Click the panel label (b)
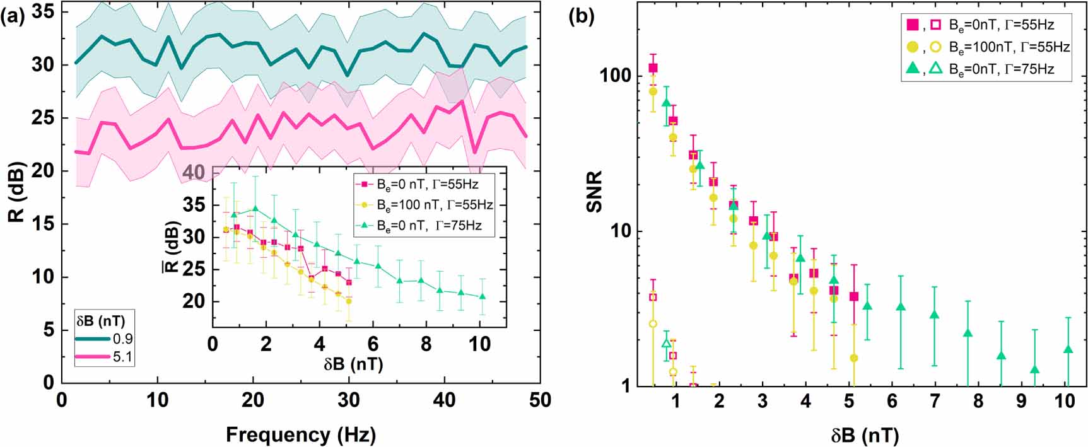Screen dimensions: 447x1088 [x=582, y=17]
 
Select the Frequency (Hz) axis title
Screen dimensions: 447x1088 [x=300, y=434]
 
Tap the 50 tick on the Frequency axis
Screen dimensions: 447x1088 [x=540, y=400]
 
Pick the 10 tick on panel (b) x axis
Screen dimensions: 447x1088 [x=1065, y=402]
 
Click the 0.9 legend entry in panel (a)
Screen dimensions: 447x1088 [x=122, y=339]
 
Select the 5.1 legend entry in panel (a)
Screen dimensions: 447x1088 [x=122, y=357]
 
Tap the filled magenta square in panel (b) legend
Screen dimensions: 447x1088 [x=912, y=25]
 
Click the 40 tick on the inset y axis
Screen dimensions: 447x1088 [x=195, y=173]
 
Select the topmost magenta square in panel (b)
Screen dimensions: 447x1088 [x=653, y=68]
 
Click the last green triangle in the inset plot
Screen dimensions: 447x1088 [x=483, y=296]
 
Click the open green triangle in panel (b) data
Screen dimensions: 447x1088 [x=666, y=343]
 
